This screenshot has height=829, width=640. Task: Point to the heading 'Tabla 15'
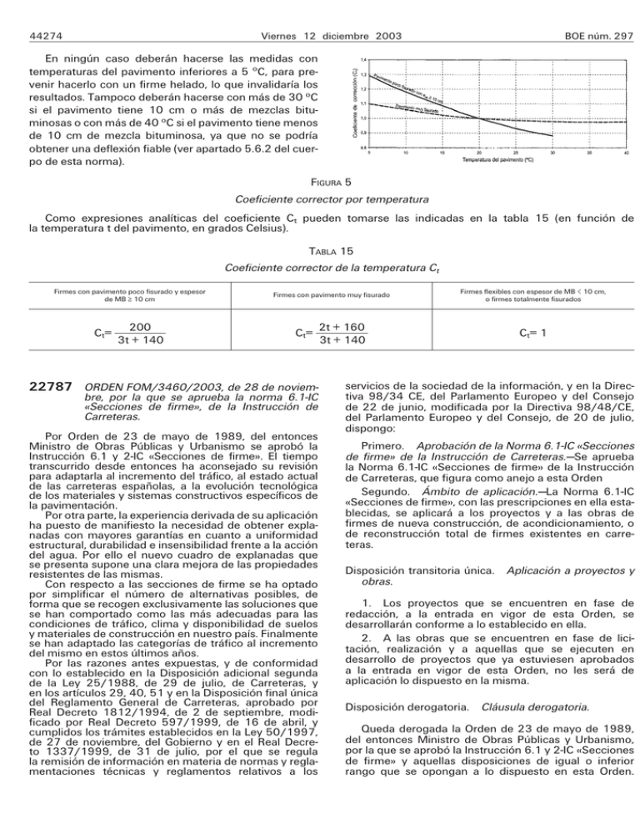[319, 249]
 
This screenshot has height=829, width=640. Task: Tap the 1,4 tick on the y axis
[364, 60]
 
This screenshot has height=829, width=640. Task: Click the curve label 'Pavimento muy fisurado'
[416, 108]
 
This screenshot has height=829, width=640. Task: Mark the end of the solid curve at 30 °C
[552, 135]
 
